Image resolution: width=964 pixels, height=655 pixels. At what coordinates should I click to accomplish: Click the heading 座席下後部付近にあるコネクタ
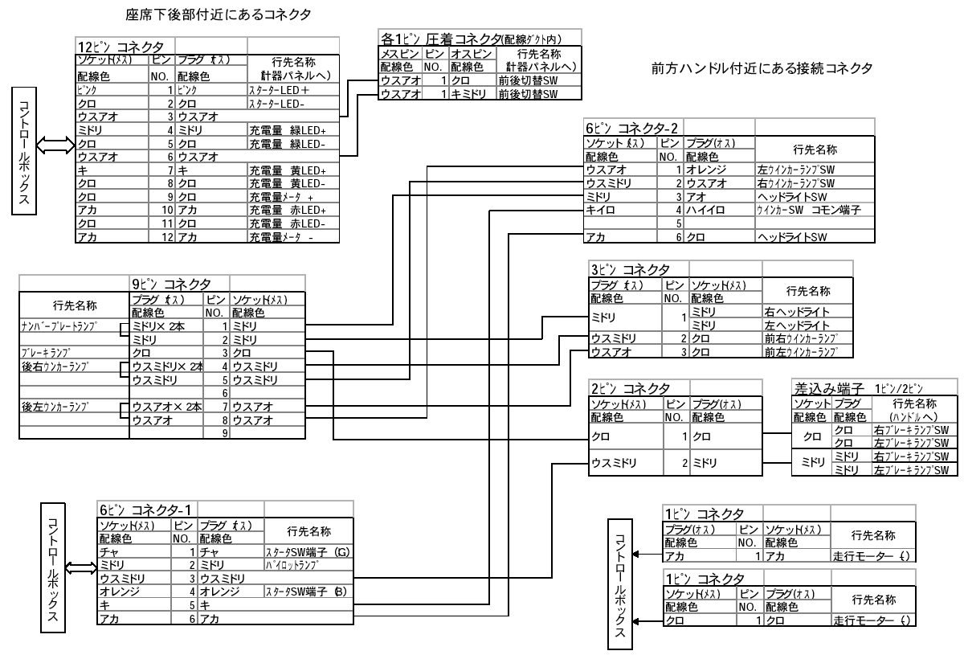tap(219, 15)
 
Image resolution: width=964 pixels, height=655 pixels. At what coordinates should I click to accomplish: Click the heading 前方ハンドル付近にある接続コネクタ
tap(763, 69)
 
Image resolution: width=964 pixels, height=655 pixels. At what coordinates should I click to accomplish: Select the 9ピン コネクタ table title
tap(172, 284)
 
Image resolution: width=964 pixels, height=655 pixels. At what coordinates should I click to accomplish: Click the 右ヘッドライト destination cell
tap(804, 310)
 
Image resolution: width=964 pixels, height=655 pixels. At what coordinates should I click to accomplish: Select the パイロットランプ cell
tap(288, 565)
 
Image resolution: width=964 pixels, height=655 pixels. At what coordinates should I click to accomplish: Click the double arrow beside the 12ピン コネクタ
tap(55, 145)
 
